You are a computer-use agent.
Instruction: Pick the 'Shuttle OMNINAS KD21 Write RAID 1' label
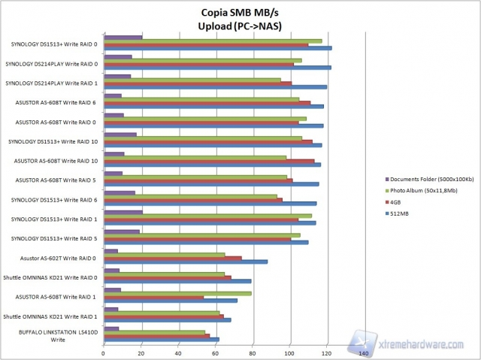52,316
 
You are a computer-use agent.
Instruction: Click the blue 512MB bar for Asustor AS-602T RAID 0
186,262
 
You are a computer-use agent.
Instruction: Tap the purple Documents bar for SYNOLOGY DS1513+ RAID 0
123,37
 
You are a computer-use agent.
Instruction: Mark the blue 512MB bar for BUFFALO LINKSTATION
162,340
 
